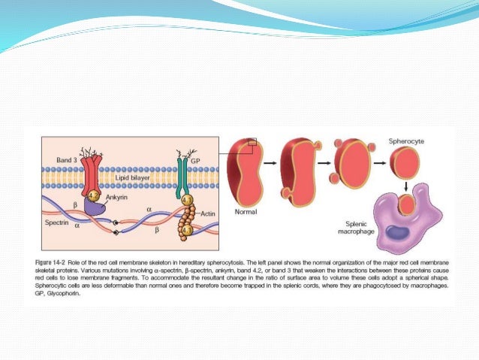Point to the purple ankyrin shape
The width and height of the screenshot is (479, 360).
click(x=104, y=207)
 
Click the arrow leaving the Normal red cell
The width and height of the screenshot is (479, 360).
click(x=267, y=162)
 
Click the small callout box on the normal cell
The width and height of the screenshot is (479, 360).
click(x=252, y=141)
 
